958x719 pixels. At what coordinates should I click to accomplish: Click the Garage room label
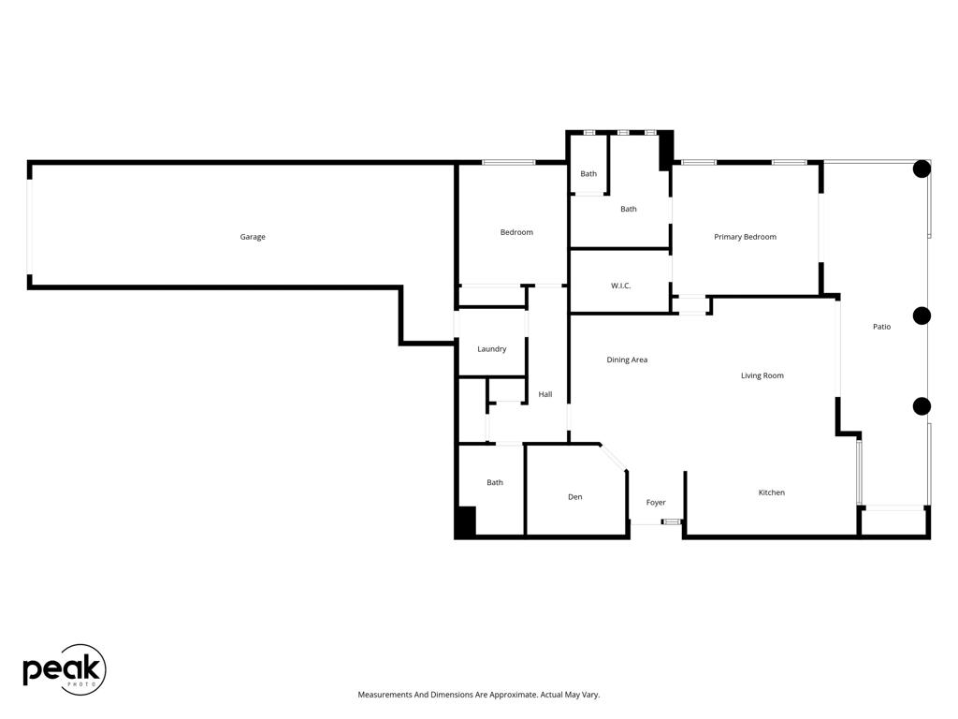click(x=253, y=237)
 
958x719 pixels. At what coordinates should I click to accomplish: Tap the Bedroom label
click(x=516, y=232)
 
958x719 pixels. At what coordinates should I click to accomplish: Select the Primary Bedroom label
click(x=745, y=237)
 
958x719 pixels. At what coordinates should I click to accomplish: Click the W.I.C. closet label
click(x=620, y=286)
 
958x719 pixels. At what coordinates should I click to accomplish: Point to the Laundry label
click(x=491, y=349)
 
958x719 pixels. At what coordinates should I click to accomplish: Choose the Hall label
click(x=544, y=394)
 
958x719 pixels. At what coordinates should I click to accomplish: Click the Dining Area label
click(x=627, y=359)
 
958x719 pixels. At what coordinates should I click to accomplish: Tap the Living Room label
click(x=762, y=375)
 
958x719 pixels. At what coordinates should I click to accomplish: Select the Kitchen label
click(x=771, y=492)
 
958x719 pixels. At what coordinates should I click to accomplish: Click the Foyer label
click(x=656, y=503)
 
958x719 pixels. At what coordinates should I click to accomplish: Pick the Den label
click(x=574, y=497)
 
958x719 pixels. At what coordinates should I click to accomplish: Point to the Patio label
click(x=881, y=327)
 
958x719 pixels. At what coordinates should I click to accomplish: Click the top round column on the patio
click(x=922, y=169)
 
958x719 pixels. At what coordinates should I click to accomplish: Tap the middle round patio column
click(x=922, y=315)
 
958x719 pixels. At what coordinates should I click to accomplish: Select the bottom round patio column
click(x=922, y=406)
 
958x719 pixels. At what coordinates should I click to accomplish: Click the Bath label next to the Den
click(x=494, y=483)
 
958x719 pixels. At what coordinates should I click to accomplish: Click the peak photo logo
click(x=64, y=669)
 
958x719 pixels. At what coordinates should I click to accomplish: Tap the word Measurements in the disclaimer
click(x=385, y=695)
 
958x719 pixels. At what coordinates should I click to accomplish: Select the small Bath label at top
click(x=588, y=174)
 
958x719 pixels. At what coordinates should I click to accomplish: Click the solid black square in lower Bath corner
click(x=466, y=521)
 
